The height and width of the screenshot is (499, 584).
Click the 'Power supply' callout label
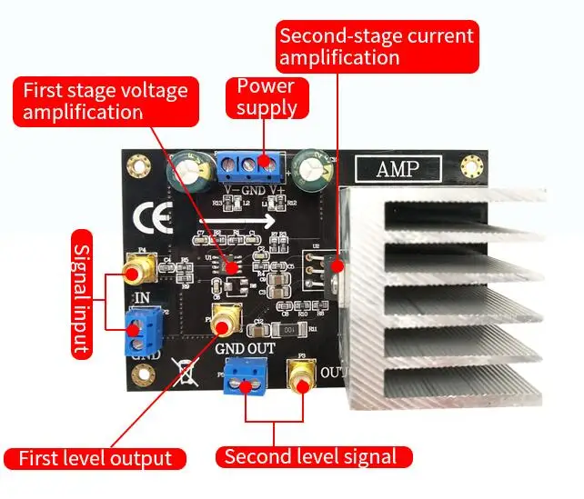(267, 96)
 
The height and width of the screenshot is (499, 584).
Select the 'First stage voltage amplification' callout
(106, 101)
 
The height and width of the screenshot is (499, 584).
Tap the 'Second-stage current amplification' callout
(377, 46)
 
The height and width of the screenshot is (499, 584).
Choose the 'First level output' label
(96, 458)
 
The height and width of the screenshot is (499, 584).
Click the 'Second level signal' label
(314, 456)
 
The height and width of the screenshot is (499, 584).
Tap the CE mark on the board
(148, 220)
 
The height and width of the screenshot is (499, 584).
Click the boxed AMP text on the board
(398, 170)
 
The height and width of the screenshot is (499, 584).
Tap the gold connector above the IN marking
(139, 267)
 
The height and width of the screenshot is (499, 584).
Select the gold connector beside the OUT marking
(299, 373)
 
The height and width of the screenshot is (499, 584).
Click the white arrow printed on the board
(264, 220)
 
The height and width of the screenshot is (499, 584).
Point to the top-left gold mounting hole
(138, 166)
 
